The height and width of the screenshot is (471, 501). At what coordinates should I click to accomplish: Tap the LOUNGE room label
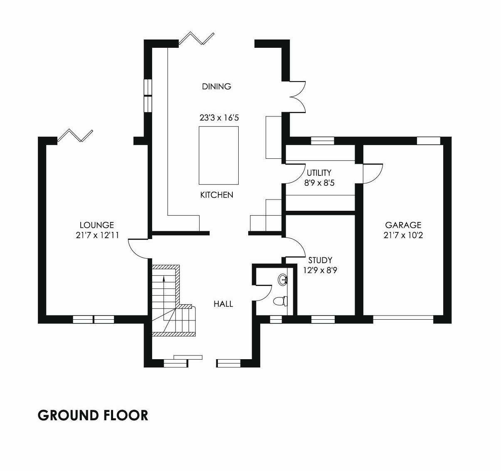tap(97, 225)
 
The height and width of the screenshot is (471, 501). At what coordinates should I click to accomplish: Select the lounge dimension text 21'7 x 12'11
tap(97, 235)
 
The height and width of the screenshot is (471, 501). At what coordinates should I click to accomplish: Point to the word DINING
tap(217, 86)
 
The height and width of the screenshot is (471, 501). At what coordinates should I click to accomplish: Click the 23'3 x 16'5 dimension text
tap(219, 118)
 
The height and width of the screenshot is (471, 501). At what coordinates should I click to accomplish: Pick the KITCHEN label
tap(217, 195)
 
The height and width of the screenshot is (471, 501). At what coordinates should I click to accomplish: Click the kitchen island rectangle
tap(219, 155)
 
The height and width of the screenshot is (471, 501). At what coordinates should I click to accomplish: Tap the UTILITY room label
tap(319, 173)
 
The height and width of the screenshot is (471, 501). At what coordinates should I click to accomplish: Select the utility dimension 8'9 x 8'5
tap(319, 182)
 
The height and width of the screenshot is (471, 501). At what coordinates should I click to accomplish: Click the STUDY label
tap(320, 260)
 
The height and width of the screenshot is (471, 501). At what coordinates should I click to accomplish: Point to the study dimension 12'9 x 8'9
tap(320, 271)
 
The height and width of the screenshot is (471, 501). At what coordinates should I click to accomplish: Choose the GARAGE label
tap(403, 225)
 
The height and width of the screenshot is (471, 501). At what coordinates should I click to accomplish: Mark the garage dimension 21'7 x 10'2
tap(403, 235)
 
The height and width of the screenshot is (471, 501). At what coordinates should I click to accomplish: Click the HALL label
tap(223, 304)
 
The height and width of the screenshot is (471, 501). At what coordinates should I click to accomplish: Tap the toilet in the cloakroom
tap(280, 301)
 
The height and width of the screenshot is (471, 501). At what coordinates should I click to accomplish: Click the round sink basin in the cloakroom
tap(283, 279)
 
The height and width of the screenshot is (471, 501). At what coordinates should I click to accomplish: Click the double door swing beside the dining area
tap(298, 97)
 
